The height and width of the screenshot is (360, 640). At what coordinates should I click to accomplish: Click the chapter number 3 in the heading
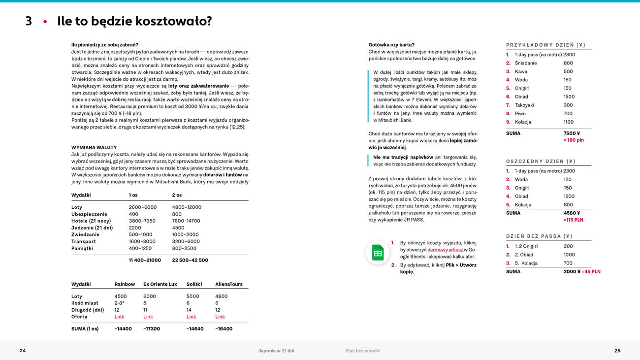tap(29, 21)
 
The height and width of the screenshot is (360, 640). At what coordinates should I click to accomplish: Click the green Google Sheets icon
tap(378, 253)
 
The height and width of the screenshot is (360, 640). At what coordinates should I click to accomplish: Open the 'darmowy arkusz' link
tap(445, 250)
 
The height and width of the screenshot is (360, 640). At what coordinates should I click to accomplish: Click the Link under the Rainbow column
tap(119, 317)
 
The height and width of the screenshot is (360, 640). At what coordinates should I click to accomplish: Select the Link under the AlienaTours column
tap(220, 317)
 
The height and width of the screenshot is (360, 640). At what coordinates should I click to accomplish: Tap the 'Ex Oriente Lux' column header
tap(160, 284)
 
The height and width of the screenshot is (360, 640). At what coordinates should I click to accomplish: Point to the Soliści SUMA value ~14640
tap(195, 328)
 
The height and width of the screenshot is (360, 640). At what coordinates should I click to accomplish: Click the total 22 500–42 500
tap(190, 260)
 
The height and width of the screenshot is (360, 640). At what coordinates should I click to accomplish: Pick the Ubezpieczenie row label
tap(89, 214)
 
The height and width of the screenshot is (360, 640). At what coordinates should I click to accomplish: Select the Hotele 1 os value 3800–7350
tap(142, 221)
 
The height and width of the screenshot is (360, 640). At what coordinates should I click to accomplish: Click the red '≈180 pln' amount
tap(574, 140)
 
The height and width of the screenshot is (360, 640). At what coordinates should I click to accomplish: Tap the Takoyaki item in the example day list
tap(524, 105)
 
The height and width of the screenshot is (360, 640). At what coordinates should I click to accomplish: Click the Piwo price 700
tap(568, 113)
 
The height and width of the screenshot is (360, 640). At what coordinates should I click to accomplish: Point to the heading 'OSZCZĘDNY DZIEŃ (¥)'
tap(541, 161)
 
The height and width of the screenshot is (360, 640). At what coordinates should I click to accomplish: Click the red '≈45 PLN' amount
tap(591, 271)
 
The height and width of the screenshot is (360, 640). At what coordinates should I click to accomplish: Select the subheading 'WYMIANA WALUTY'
tap(94, 147)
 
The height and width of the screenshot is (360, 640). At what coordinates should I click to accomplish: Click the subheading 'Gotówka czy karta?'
tap(391, 45)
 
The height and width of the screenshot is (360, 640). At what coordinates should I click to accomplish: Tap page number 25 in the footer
tap(617, 351)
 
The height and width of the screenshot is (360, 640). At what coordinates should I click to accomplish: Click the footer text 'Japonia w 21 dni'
tap(276, 351)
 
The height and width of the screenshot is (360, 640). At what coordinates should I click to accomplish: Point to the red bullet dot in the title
tap(45, 22)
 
